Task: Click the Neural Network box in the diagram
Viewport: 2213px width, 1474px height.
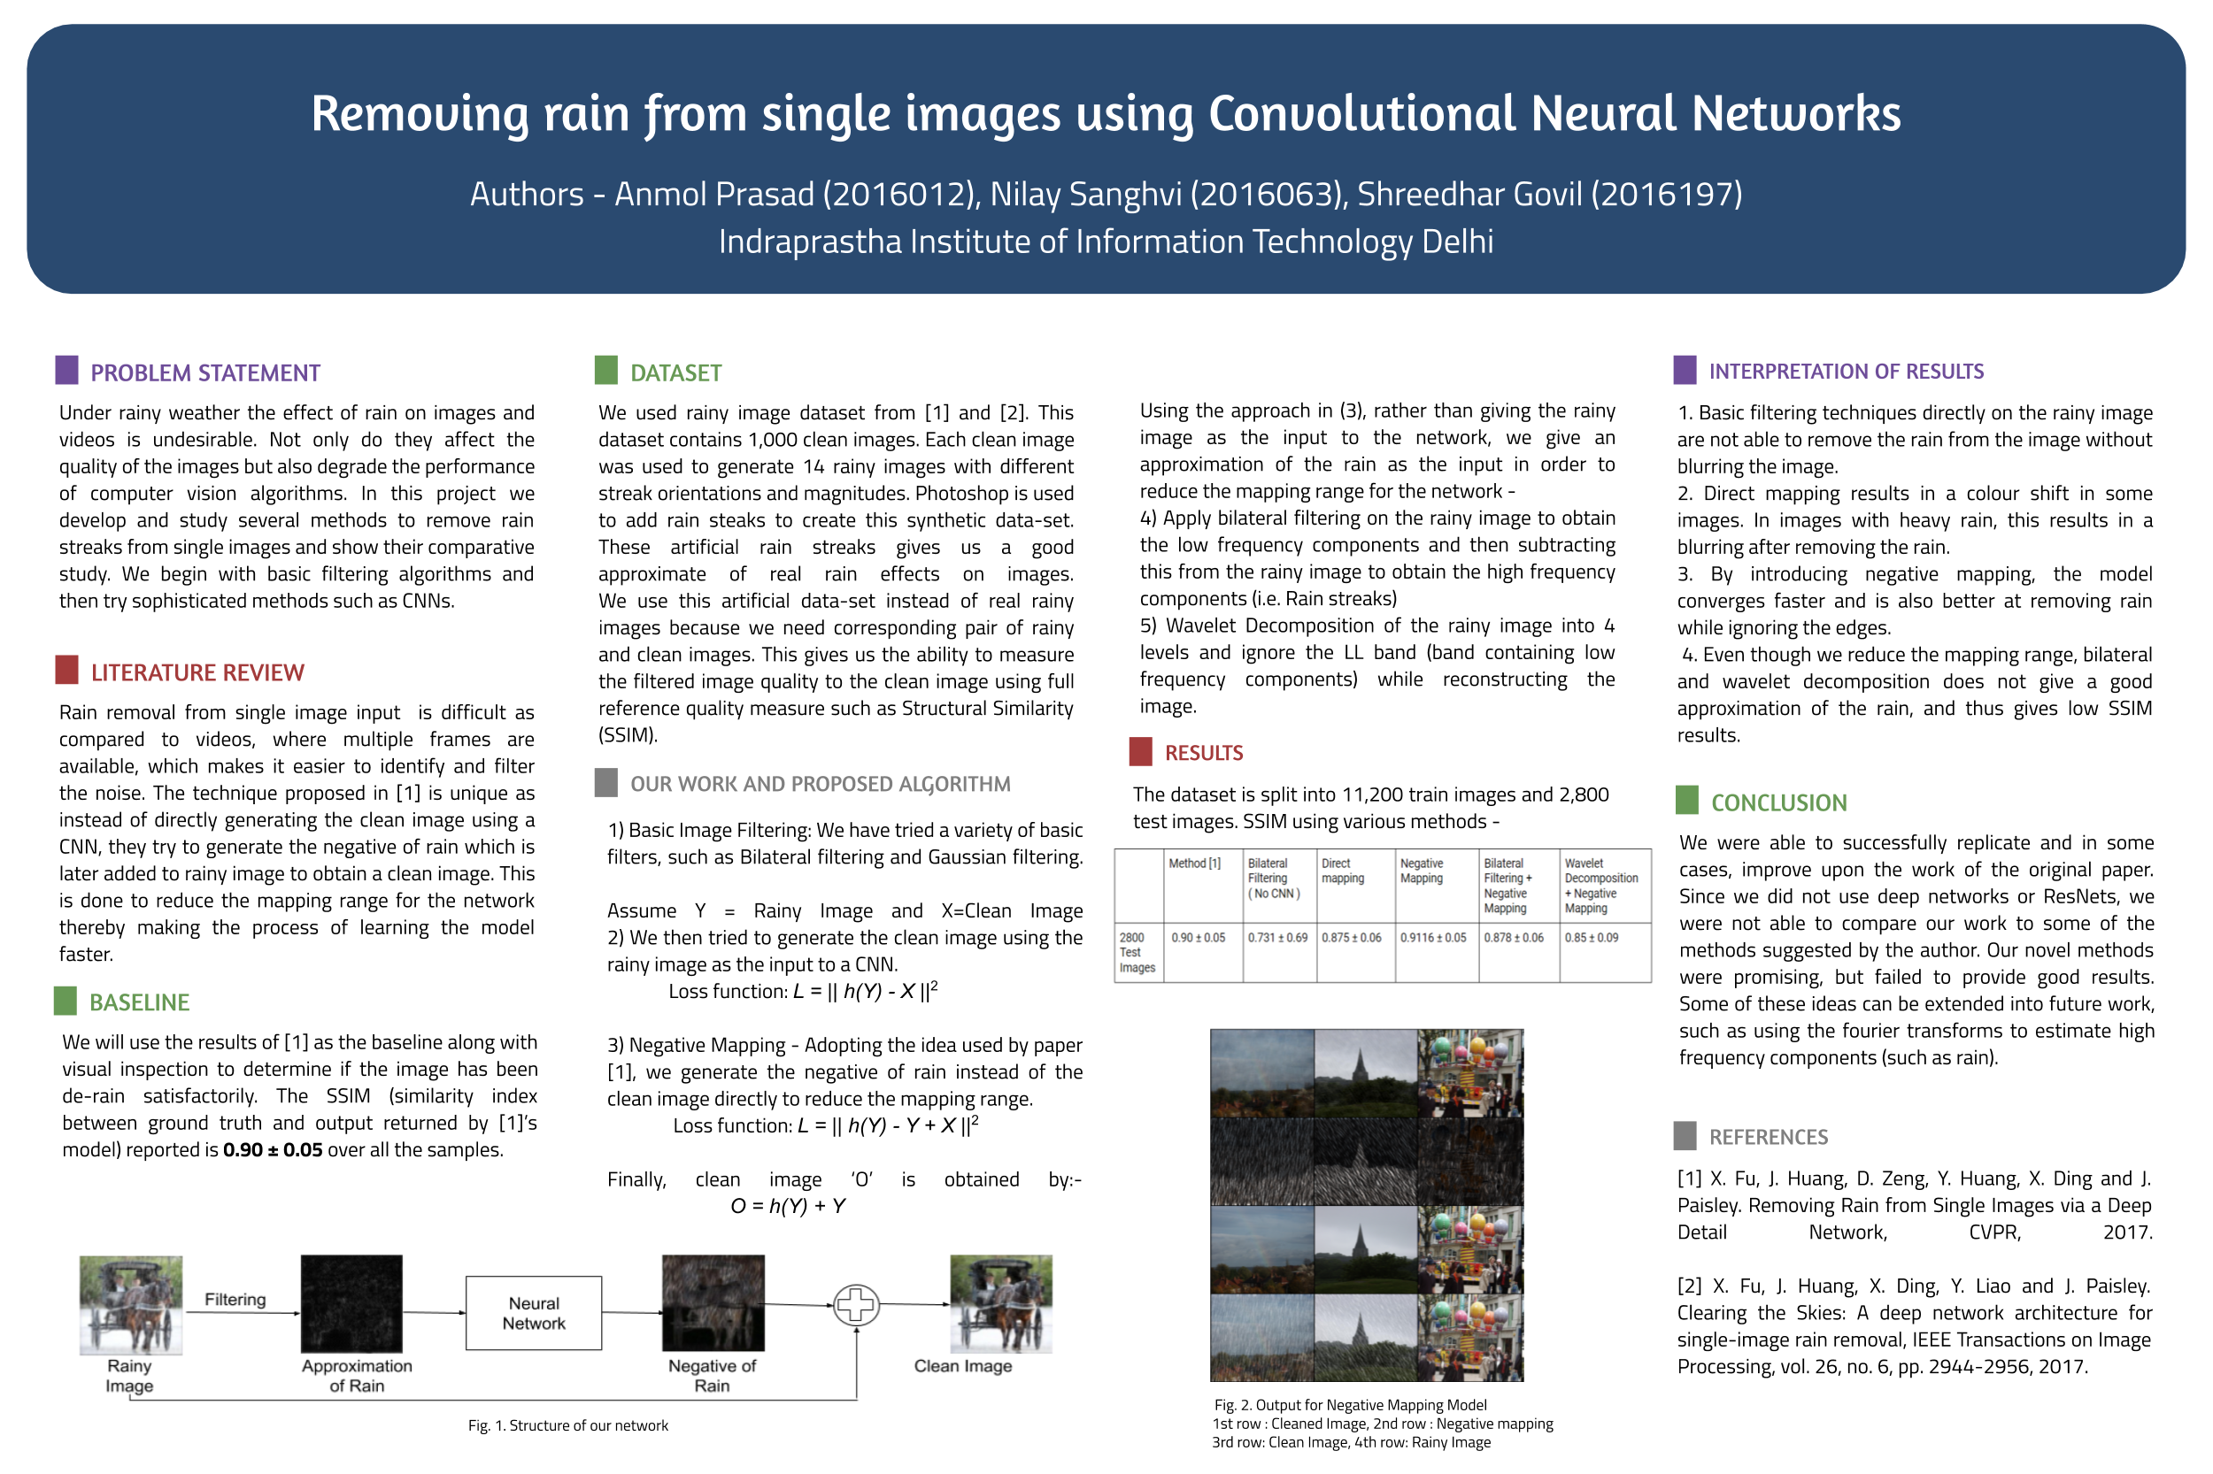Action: click(x=533, y=1312)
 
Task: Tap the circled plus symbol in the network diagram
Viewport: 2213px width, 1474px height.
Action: click(x=855, y=1305)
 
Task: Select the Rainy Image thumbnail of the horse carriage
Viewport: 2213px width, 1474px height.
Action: click(x=131, y=1304)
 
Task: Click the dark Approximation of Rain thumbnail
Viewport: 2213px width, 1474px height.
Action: click(x=351, y=1303)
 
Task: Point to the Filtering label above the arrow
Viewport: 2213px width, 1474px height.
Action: click(x=235, y=1299)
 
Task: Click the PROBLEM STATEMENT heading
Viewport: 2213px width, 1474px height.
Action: click(x=205, y=373)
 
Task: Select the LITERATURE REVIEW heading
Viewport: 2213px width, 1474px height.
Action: click(x=197, y=673)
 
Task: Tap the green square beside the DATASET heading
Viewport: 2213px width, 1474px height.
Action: click(x=605, y=371)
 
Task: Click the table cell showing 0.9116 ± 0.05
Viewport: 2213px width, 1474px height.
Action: click(x=1432, y=937)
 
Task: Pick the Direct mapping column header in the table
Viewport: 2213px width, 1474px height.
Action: click(x=1342, y=871)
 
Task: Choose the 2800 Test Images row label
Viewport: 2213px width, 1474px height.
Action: click(x=1136, y=952)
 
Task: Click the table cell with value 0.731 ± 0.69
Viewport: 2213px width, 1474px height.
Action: click(x=1277, y=937)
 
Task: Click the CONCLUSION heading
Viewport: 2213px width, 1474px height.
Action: click(x=1778, y=802)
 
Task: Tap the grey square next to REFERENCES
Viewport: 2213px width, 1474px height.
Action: click(x=1685, y=1136)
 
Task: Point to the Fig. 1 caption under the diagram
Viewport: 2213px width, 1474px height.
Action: click(x=568, y=1425)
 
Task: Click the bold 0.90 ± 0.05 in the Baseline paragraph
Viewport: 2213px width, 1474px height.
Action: click(x=273, y=1149)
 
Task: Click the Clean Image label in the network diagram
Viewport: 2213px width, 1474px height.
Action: click(x=962, y=1366)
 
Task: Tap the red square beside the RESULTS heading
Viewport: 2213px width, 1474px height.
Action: click(x=1140, y=751)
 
